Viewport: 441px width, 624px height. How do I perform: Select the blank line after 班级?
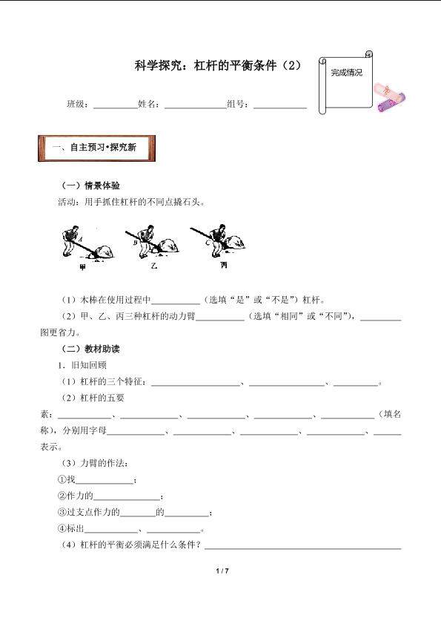click(x=114, y=105)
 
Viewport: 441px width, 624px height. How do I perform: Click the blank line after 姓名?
click(x=195, y=105)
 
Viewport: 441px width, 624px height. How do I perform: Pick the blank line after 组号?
click(x=280, y=105)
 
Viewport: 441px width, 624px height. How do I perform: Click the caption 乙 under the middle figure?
click(x=153, y=265)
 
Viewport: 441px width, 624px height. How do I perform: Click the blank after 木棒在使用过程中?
click(x=176, y=301)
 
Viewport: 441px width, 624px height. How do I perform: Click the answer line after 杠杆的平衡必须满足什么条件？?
click(x=303, y=548)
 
